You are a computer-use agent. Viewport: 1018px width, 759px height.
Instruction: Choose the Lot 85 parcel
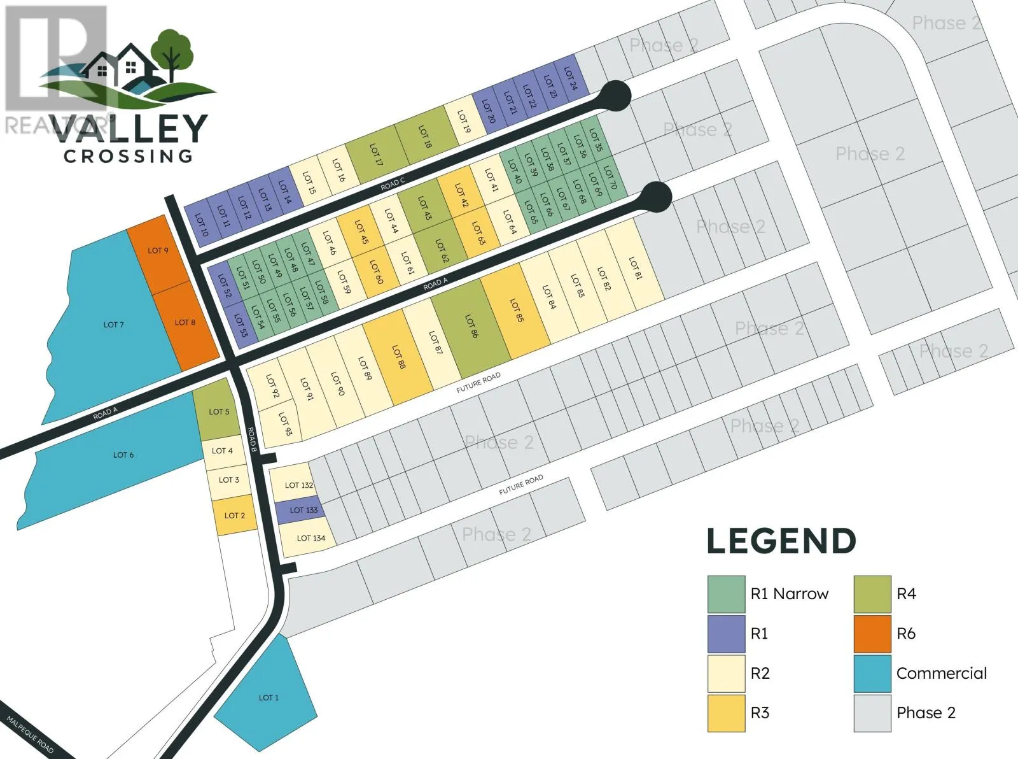515,312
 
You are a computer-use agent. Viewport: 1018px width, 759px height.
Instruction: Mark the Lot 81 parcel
635,269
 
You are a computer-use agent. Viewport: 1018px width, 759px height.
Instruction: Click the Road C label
393,185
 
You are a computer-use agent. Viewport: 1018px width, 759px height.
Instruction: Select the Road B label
252,440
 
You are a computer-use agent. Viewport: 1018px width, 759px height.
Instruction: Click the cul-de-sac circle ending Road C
615,96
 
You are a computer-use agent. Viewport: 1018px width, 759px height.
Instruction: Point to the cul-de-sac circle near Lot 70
657,196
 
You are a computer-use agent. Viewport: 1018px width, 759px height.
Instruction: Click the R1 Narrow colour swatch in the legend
726,594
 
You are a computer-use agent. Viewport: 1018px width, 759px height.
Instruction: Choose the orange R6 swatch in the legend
872,634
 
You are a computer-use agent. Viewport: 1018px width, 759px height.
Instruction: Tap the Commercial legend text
941,673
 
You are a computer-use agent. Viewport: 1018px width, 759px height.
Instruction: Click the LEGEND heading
781,541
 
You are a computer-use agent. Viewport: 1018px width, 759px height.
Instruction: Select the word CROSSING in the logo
128,155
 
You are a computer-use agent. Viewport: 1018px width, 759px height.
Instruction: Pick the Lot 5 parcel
218,411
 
